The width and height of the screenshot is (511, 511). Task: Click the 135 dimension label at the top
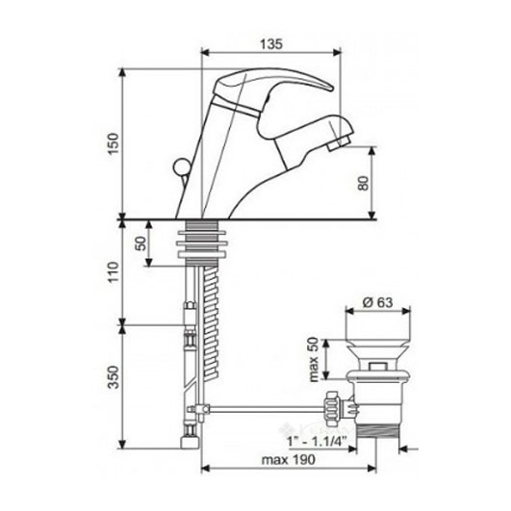[x=271, y=44]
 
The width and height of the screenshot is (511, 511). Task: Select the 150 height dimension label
[x=115, y=144]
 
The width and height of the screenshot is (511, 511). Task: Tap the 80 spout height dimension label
[x=363, y=183]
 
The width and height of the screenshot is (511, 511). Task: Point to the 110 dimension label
[x=115, y=272]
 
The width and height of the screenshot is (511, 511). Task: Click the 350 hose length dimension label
[x=115, y=377]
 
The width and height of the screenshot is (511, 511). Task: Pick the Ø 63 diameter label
[x=377, y=302]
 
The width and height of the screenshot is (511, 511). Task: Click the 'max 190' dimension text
[x=289, y=459]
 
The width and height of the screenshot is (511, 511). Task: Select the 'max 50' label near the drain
[x=314, y=360]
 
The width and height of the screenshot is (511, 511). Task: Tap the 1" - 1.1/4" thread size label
[x=317, y=442]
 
